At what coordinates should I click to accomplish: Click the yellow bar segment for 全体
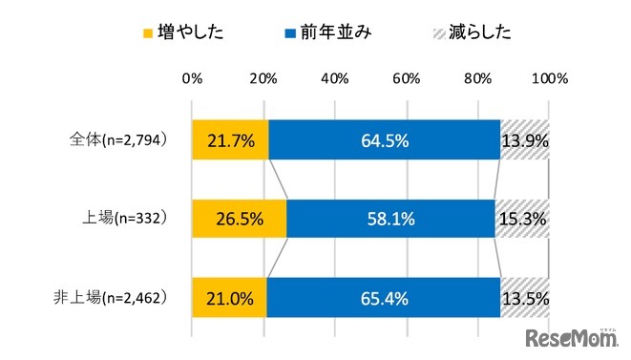click(x=230, y=140)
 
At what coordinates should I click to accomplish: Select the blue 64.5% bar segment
click(x=385, y=140)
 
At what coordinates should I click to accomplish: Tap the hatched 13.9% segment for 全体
click(x=525, y=140)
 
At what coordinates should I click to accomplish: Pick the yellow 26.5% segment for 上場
click(x=239, y=219)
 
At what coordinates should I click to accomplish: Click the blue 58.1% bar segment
click(x=390, y=219)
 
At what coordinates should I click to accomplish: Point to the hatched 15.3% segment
click(x=522, y=219)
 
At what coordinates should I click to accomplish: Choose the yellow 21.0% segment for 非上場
click(x=229, y=297)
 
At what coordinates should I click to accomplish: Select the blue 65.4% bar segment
click(x=384, y=297)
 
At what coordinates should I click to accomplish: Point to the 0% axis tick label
click(x=192, y=77)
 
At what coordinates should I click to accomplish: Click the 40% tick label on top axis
click(x=335, y=77)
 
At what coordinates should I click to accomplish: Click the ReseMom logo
click(x=569, y=339)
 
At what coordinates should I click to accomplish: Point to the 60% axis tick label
click(x=407, y=77)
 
